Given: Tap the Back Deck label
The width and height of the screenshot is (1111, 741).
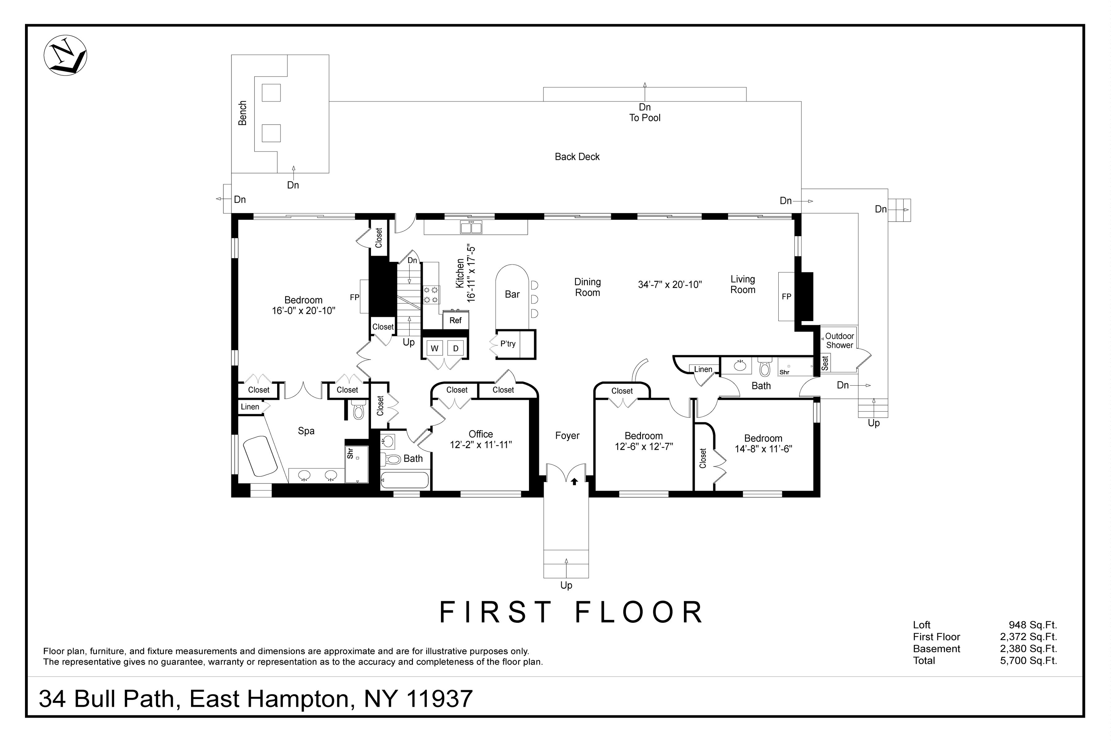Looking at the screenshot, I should click(x=577, y=157).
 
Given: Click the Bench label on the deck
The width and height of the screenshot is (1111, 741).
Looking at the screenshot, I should click(x=242, y=113).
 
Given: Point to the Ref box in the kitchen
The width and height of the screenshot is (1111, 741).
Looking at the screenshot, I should click(x=456, y=320).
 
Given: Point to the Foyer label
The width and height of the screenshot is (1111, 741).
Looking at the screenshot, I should click(x=567, y=436).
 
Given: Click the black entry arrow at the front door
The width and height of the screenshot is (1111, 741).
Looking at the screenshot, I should click(x=574, y=482).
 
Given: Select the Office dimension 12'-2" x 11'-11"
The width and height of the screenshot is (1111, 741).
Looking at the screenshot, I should click(x=481, y=445).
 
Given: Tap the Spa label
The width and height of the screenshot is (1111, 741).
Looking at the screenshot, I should click(x=306, y=431).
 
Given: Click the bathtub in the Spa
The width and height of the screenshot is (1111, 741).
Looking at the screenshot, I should click(x=260, y=456).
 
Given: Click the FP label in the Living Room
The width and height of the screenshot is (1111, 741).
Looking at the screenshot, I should click(x=786, y=297).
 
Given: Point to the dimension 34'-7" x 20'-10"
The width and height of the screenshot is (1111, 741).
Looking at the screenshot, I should click(x=670, y=285).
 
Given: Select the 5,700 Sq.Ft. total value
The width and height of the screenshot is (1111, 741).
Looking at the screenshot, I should click(x=1028, y=661).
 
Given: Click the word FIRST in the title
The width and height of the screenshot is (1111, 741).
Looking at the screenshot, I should click(x=496, y=613).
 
